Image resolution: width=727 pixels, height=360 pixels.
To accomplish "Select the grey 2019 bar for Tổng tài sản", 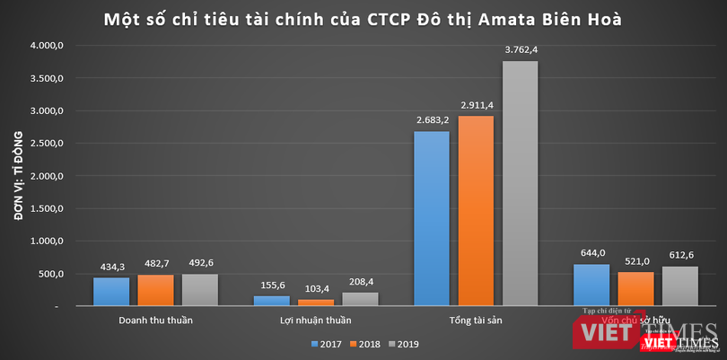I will click(x=520, y=183).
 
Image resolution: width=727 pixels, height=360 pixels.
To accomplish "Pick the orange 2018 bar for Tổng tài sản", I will click(x=476, y=211).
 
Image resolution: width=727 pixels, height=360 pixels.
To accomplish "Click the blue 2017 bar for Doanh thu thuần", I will click(x=111, y=292).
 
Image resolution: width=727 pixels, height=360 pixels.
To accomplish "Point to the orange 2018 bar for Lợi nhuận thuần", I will click(x=315, y=303).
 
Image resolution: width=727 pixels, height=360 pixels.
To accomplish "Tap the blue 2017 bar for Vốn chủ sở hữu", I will click(x=591, y=285).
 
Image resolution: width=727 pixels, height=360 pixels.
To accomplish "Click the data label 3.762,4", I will click(x=520, y=50).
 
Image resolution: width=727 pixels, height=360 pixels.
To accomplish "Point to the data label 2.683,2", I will click(x=431, y=121).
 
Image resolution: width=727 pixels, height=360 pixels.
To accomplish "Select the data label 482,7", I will click(x=155, y=264).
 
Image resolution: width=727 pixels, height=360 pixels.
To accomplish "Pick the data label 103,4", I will click(x=315, y=289).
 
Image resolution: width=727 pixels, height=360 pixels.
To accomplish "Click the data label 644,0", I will click(x=591, y=254).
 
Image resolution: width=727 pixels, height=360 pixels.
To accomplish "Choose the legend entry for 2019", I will click(x=404, y=344).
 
